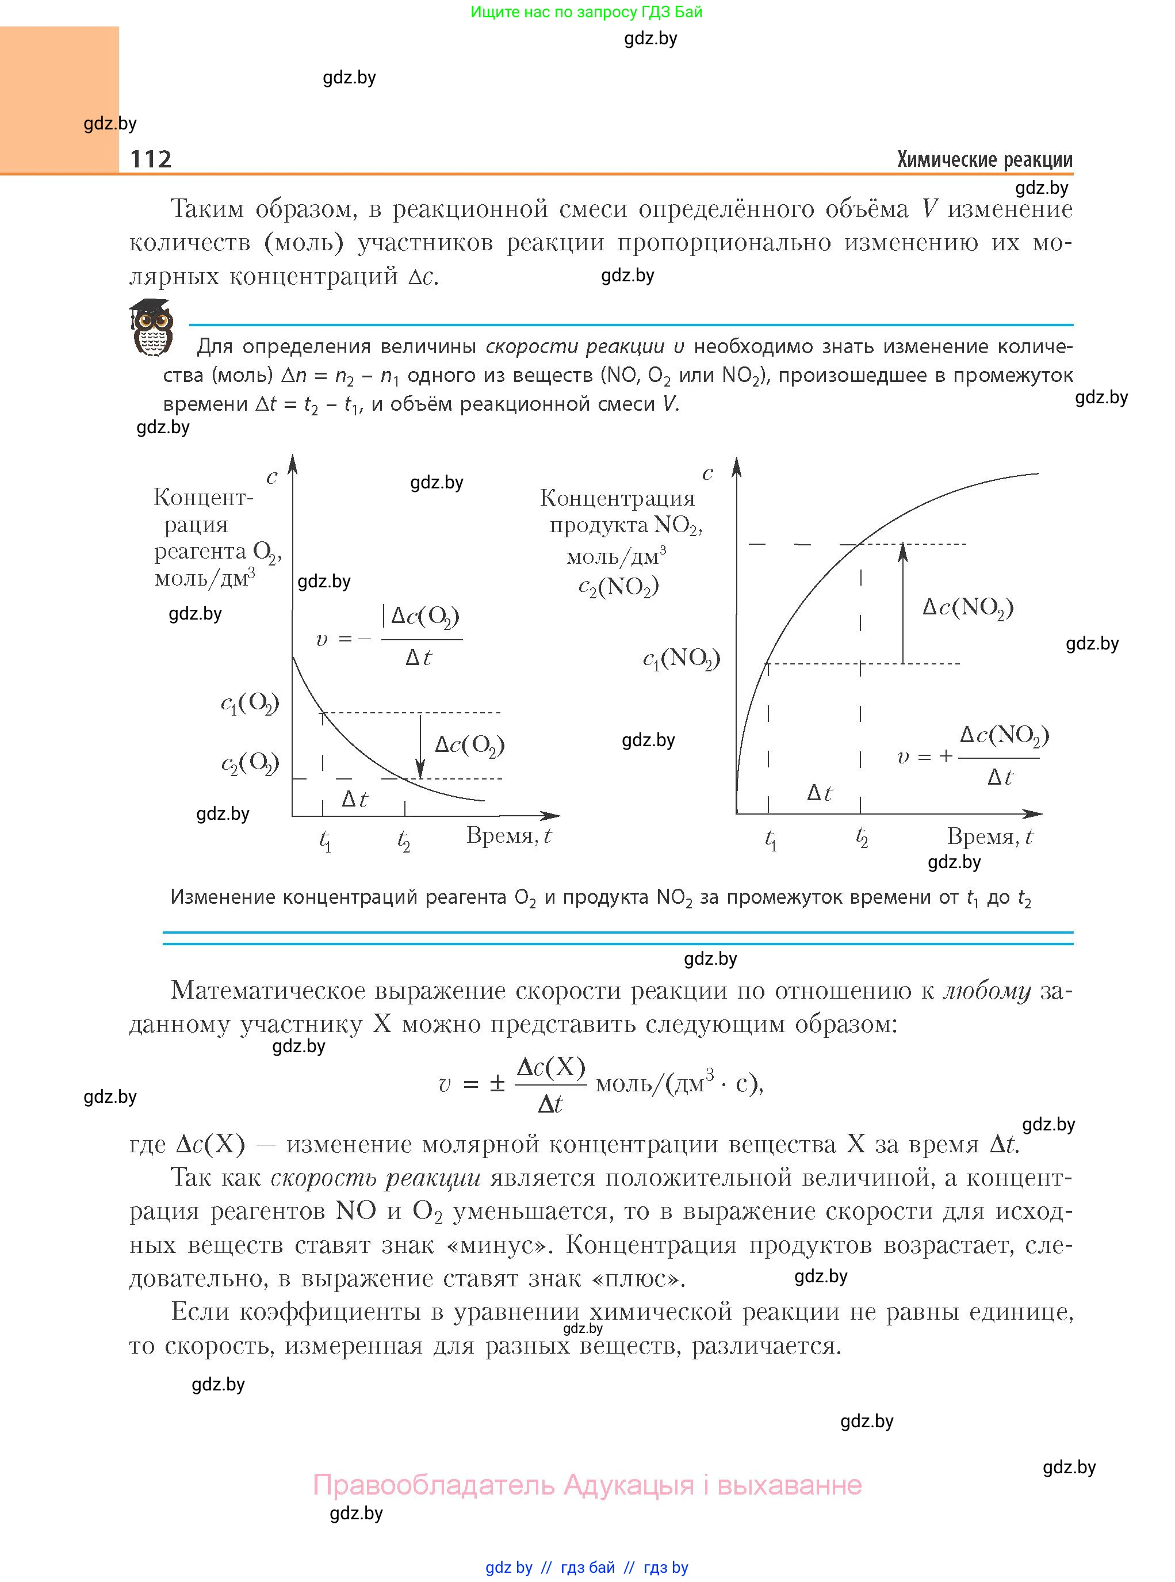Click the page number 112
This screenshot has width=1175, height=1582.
151,159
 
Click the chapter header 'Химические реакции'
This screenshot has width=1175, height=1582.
985,159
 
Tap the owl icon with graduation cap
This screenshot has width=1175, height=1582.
151,327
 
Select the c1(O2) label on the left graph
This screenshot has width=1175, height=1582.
250,704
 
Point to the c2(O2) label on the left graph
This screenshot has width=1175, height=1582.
250,764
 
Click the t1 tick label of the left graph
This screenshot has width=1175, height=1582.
325,842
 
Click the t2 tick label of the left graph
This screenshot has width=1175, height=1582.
404,842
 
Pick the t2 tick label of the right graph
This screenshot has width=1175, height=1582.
862,839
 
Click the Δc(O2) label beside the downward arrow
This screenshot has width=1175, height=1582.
469,746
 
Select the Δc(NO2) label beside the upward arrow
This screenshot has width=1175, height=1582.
967,607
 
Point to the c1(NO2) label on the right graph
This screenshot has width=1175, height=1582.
682,659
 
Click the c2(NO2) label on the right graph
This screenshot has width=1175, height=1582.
618,587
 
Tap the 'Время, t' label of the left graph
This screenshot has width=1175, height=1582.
508,836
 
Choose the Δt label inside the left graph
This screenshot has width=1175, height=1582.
354,800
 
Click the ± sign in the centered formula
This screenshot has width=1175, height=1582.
496,1084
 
